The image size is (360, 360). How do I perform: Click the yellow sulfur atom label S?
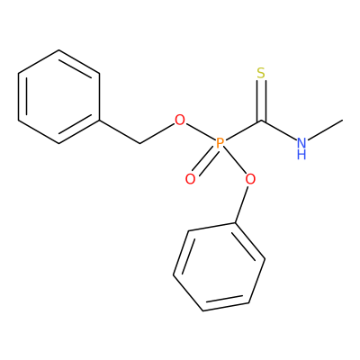click(261, 73)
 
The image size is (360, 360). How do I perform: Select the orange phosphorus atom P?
click(220, 144)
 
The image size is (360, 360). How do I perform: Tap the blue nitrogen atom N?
click(301, 143)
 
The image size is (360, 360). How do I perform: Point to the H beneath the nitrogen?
click(301, 155)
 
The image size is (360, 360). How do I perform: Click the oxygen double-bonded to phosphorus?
click(190, 179)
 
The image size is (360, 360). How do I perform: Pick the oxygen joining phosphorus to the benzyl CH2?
click(180, 121)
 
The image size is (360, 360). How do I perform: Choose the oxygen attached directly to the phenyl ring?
click(250, 179)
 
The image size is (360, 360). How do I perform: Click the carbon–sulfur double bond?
click(261, 101)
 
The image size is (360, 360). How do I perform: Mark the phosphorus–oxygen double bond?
click(206, 161)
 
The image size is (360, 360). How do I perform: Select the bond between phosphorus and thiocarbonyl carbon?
click(243, 130)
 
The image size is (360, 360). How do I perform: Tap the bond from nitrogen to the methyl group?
click(325, 130)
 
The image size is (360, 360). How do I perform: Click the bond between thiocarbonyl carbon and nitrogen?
click(279, 130)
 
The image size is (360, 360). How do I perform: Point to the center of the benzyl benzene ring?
click(58, 97)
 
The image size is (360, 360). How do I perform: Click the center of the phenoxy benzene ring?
click(219, 267)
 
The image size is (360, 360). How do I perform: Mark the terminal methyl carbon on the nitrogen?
click(342, 121)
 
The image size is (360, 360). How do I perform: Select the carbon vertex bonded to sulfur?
click(261, 121)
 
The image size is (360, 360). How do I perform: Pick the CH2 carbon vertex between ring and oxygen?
click(139, 144)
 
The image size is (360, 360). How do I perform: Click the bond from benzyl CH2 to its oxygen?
click(157, 134)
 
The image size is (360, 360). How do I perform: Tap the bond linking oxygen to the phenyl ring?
click(241, 204)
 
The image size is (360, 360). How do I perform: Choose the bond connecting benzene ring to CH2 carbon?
click(120, 132)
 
